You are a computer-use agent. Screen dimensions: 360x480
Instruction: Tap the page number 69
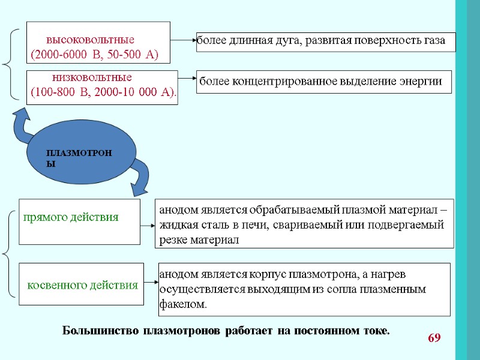click(x=434, y=338)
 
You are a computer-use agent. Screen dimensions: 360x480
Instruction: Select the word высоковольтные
click(x=90, y=40)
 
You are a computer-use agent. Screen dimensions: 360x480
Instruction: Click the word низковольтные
click(x=92, y=78)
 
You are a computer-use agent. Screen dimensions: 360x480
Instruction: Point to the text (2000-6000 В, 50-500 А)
click(x=94, y=55)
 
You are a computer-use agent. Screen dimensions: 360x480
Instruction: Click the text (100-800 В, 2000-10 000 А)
click(x=104, y=94)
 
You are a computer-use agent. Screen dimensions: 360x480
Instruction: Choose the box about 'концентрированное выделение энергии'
click(x=325, y=81)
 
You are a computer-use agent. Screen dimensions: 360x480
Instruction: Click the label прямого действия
click(x=71, y=217)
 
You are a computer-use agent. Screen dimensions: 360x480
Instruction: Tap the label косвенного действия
click(x=83, y=284)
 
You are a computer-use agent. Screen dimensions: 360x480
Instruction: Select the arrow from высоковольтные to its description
click(x=184, y=40)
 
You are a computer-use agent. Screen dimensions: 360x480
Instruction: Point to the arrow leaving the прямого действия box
click(x=148, y=226)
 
